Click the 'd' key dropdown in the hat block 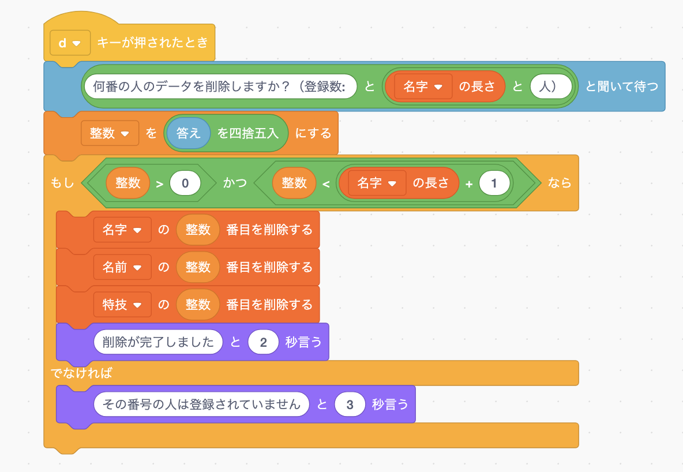pos(70,43)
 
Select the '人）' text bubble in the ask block pos(551,87)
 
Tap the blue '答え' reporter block pos(189,133)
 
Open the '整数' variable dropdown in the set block pos(110,133)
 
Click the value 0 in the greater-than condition pos(185,183)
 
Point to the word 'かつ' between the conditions pos(235,183)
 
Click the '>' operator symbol pos(159,183)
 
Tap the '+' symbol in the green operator pos(469,183)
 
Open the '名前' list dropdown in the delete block pos(122,267)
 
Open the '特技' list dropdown pos(122,305)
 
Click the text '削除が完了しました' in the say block pos(158,342)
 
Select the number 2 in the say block pos(264,342)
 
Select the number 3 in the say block pos(350,404)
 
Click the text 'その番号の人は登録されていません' pos(201,404)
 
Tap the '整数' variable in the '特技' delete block pos(198,305)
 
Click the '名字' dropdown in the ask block pos(423,87)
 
